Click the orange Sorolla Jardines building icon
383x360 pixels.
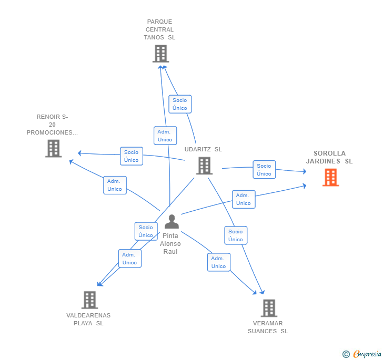[330, 177]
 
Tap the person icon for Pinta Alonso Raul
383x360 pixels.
[172, 222]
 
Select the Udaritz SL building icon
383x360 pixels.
[204, 166]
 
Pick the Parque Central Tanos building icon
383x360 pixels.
[160, 54]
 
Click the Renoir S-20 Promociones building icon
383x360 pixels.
[53, 148]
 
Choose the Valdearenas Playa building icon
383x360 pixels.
[90, 300]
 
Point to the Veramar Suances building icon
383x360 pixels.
[269, 308]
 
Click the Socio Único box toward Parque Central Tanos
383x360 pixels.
[180, 104]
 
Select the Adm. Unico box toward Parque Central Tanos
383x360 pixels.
[165, 136]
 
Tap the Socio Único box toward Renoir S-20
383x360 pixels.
[132, 156]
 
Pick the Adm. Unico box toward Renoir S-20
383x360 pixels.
[115, 185]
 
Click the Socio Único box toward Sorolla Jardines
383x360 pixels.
[264, 170]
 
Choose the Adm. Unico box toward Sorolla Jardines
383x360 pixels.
[244, 199]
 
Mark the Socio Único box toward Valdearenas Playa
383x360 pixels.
[146, 231]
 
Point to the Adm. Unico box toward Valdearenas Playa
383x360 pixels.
[129, 259]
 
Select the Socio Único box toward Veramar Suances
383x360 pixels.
[236, 235]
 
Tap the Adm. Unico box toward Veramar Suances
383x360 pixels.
[218, 262]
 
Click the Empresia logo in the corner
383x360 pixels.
[361, 354]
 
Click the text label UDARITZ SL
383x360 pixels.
[203, 149]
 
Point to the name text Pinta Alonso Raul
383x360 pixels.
[170, 244]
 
